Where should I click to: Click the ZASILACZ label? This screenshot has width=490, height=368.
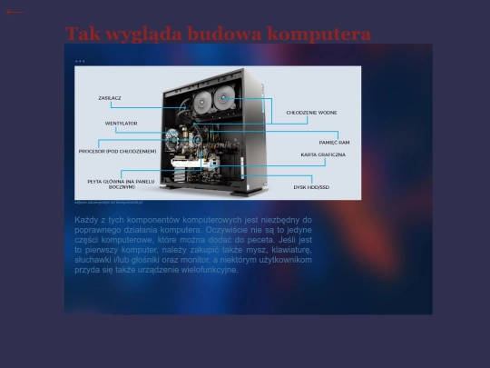coord(110,97)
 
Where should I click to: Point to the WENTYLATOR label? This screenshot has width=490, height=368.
coord(121,123)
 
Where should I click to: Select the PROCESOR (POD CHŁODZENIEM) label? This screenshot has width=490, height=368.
coord(118,151)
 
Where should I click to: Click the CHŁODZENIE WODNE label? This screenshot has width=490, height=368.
coord(311,113)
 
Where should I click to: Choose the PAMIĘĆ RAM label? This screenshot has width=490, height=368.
coord(334,142)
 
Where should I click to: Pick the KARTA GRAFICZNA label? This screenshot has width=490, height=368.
coord(323,155)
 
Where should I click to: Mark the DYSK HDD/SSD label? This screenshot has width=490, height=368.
coord(311,187)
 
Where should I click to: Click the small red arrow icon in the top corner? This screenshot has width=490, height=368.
coord(14,12)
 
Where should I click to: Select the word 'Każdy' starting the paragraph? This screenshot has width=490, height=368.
coord(87,220)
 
